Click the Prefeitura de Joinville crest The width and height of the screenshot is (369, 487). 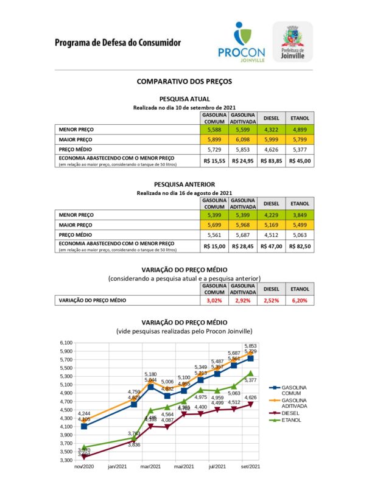click(293, 41)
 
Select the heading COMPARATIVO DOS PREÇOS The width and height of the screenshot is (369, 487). click(184, 81)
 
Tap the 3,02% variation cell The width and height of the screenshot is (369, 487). click(214, 300)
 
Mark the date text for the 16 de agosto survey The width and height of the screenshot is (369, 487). click(184, 193)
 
